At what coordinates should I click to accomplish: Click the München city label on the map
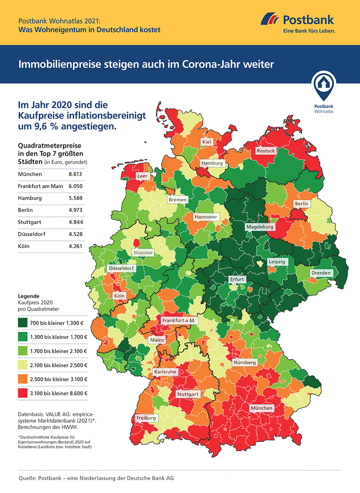[x=262, y=408]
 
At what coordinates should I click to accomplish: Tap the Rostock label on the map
[x=266, y=151]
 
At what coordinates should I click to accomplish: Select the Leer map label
[x=142, y=176]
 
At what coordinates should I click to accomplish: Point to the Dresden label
[x=321, y=273]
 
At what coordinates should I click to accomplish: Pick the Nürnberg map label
[x=245, y=363]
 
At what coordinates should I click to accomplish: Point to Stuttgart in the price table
[x=30, y=222]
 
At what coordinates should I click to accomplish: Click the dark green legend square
[x=23, y=323]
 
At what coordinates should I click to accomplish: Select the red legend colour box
[x=23, y=393]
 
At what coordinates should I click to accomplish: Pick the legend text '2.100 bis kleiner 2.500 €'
[x=59, y=365]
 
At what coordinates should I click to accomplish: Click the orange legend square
[x=23, y=379]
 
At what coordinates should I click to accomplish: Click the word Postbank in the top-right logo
[x=308, y=20]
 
